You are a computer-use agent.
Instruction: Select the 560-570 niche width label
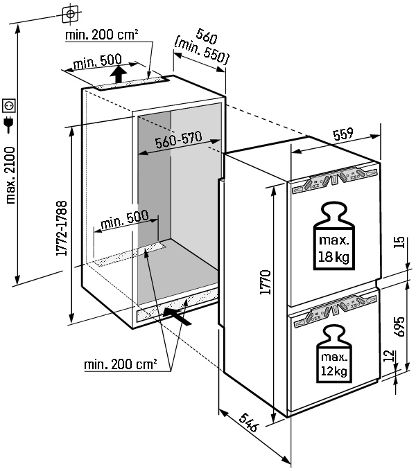(x=178, y=141)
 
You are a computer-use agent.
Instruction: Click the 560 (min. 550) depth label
(x=203, y=46)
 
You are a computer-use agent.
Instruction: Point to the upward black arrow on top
(x=119, y=73)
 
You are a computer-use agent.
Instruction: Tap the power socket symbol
(x=9, y=105)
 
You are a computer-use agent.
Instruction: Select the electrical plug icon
(x=9, y=125)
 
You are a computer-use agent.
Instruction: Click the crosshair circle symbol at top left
(x=70, y=13)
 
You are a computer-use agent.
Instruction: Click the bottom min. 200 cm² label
(x=121, y=363)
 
